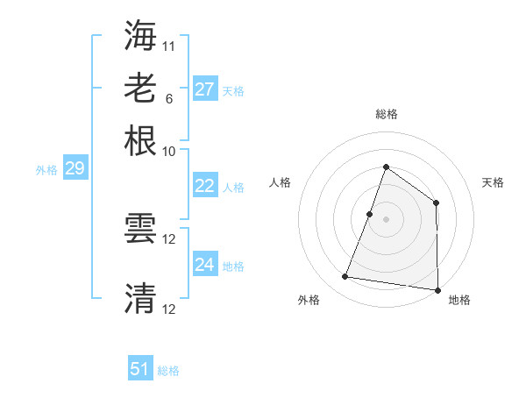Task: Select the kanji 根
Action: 141,140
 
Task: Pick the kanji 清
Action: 141,298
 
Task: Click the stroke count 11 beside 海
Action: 169,44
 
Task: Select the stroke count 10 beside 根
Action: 169,151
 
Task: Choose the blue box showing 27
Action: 205,89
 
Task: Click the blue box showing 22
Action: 205,186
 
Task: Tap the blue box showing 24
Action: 205,265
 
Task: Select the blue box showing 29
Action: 75,168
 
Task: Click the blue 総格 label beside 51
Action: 168,371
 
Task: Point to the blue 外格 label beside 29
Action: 46,170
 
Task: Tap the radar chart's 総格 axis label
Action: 387,114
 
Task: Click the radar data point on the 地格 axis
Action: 437,289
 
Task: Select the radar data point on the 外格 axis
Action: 345,277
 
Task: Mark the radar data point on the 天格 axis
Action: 436,202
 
